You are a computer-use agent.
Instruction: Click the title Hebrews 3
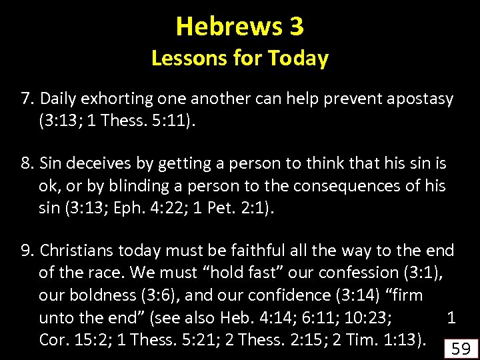[240, 27]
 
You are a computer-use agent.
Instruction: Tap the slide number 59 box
[461, 347]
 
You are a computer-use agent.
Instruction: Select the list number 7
[27, 99]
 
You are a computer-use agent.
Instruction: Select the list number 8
[27, 163]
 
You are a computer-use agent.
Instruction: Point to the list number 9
[27, 251]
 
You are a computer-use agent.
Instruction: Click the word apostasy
[421, 99]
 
